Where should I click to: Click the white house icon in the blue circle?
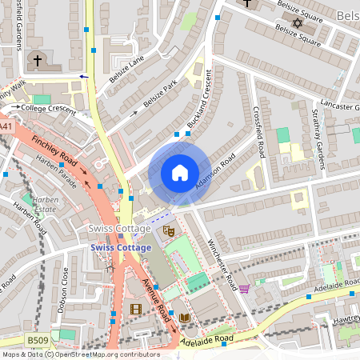pyautogui.click(x=180, y=173)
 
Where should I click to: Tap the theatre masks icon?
pyautogui.click(x=169, y=231)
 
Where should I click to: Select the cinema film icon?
pyautogui.click(x=135, y=309)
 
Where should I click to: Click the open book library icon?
pyautogui.click(x=185, y=318)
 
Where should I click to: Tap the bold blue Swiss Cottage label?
pyautogui.click(x=120, y=248)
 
